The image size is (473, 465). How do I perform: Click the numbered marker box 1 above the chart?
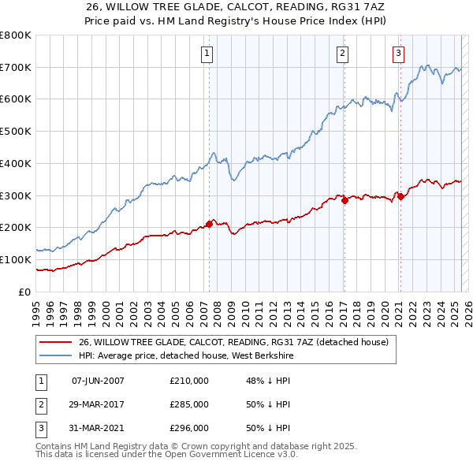tap(207, 54)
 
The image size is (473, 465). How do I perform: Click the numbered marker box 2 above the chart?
tap(343, 54)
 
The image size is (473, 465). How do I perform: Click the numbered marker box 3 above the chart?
tap(398, 54)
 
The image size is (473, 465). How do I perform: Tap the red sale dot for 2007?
tap(209, 224)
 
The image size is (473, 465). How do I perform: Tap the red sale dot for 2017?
tap(345, 200)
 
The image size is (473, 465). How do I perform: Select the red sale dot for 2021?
tap(400, 196)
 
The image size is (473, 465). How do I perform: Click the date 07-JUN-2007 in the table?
tap(98, 381)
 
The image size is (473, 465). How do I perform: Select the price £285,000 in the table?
tap(189, 404)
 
